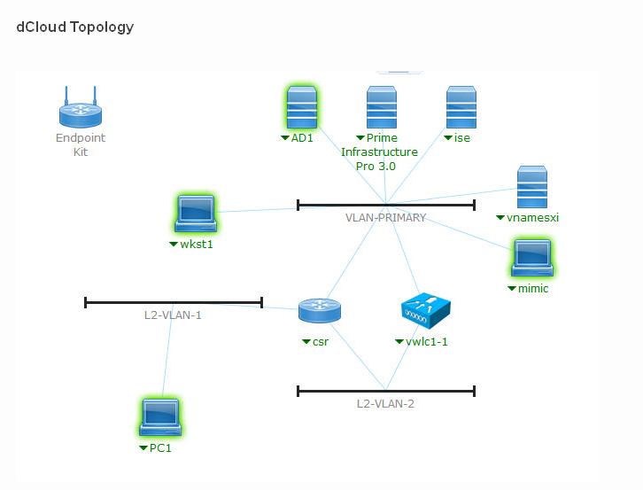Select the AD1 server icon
[x=302, y=108]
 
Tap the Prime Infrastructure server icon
[x=381, y=108]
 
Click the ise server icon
[x=461, y=108]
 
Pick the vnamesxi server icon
[x=531, y=187]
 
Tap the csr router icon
[x=319, y=311]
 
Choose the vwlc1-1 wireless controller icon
[x=425, y=310]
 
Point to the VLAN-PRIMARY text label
[x=385, y=218]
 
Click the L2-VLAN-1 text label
[x=173, y=315]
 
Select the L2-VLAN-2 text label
[x=385, y=404]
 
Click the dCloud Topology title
[x=75, y=27]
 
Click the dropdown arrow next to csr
[x=306, y=342]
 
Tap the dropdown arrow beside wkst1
[x=174, y=245]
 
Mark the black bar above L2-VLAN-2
[x=385, y=391]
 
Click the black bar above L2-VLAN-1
[x=173, y=302]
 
